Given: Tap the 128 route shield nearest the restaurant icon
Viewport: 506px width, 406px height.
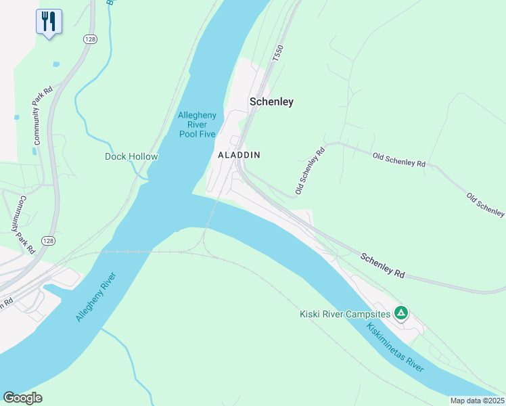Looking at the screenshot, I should [90, 39].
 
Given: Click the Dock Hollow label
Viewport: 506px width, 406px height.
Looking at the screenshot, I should [131, 156].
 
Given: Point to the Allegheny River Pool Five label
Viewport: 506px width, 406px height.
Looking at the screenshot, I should [197, 125].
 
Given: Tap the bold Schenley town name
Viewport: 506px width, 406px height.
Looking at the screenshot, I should [271, 101].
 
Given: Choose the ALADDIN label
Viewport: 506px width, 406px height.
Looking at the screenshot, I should [239, 155].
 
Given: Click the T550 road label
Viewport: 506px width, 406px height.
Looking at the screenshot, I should [276, 55].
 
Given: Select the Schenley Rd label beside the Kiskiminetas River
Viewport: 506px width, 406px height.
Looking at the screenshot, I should [382, 266].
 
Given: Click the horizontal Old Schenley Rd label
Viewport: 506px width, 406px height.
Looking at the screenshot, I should [399, 160].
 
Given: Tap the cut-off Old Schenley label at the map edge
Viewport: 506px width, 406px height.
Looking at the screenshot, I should [485, 204].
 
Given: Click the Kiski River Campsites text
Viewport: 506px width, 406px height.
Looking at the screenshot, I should [345, 314].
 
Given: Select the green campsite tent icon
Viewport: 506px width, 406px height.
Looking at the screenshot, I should [401, 313].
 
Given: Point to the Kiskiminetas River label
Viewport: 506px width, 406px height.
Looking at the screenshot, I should [396, 347].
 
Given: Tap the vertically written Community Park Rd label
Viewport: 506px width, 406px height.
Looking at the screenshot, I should [40, 116].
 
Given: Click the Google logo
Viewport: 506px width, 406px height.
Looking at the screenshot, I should [22, 397].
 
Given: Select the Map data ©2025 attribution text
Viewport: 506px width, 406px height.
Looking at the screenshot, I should [477, 401].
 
